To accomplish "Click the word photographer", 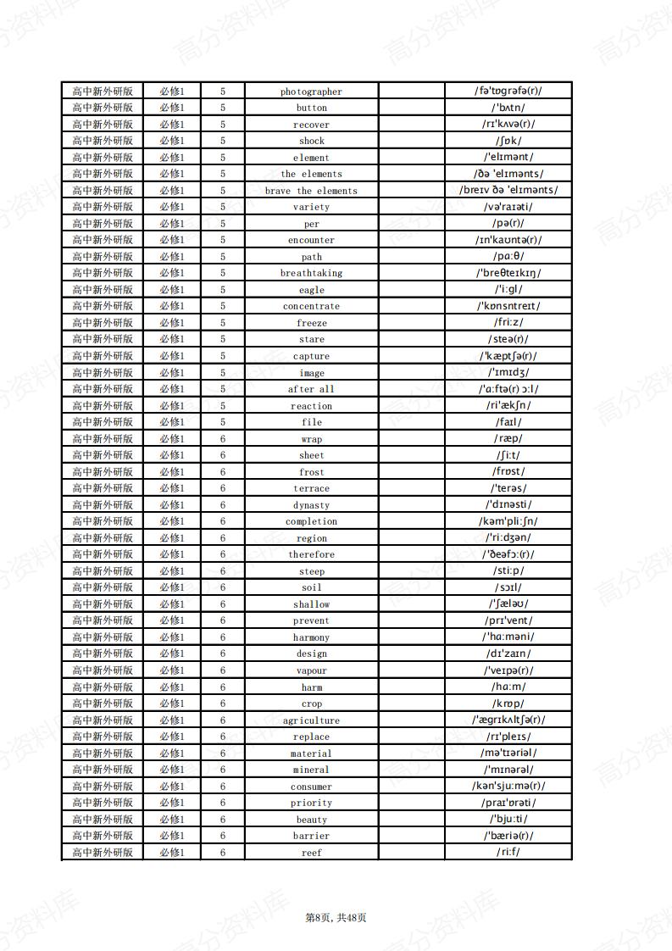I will tap(311, 92).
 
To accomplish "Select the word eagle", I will tap(311, 290).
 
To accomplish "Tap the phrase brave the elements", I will tap(311, 191).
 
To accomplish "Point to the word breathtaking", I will tap(311, 273).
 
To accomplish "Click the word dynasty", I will tap(311, 505).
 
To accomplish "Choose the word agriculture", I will tap(311, 720).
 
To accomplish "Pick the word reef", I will tap(311, 853).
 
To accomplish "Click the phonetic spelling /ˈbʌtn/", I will tap(508, 108).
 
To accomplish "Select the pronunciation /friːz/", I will tap(508, 323).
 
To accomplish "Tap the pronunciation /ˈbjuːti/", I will tap(508, 820).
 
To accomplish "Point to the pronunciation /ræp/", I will tap(508, 439).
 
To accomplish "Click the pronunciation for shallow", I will tap(508, 604).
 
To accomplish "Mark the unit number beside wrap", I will tap(223, 439).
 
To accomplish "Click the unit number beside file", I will tap(223, 422).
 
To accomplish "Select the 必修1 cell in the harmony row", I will tap(172, 637).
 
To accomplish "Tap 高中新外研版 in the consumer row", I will tap(103, 787).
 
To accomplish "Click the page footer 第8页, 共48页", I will tap(336, 917).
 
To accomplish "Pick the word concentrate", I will tap(311, 306).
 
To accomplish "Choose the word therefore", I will tap(311, 554).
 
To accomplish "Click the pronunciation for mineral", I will tap(508, 770).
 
